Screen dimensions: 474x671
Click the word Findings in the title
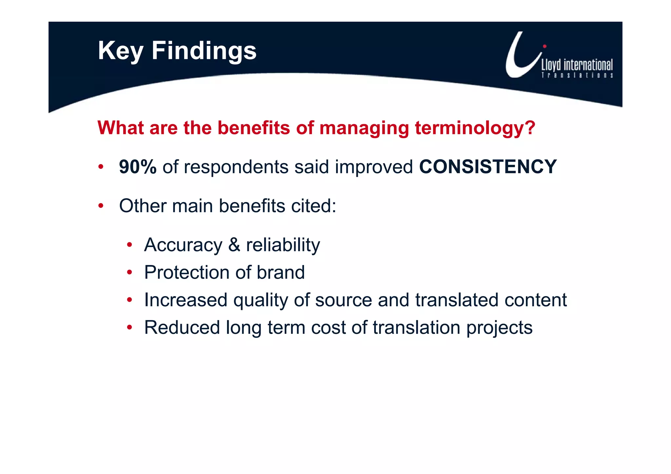click(204, 51)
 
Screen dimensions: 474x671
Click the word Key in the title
click(121, 51)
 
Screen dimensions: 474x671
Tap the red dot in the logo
click(545, 46)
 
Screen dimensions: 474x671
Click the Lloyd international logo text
click(577, 65)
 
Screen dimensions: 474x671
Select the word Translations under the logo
click(577, 75)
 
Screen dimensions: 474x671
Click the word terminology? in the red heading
click(475, 128)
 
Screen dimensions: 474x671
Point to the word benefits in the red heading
click(254, 128)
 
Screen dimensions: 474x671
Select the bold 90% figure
click(138, 167)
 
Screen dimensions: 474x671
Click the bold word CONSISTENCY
click(488, 167)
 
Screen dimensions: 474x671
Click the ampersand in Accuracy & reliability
click(234, 245)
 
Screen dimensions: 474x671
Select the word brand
click(280, 273)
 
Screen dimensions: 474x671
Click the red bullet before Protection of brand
click(130, 273)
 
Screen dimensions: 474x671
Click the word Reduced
click(182, 328)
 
